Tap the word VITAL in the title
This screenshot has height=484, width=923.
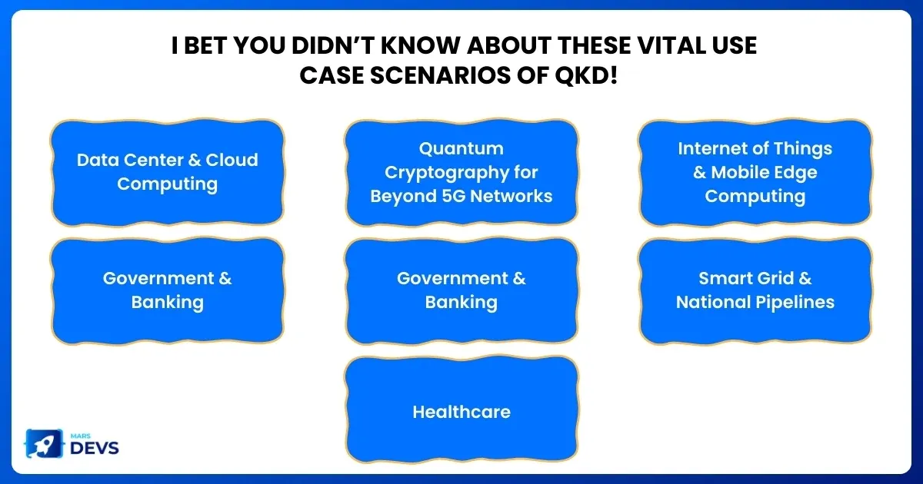[671, 45]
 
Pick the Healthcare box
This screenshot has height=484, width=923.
[461, 410]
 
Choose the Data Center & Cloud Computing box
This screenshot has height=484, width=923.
[168, 172]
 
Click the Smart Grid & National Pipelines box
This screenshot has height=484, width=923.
[755, 290]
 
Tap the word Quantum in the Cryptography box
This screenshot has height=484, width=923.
[461, 149]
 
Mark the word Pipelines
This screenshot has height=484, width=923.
[795, 303]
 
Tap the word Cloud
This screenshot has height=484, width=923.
[232, 160]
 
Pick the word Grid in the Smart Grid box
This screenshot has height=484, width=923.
[771, 279]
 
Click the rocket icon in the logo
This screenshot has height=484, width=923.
[45, 444]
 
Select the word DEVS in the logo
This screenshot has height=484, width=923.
[95, 448]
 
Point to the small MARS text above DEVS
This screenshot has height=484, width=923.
[80, 436]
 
